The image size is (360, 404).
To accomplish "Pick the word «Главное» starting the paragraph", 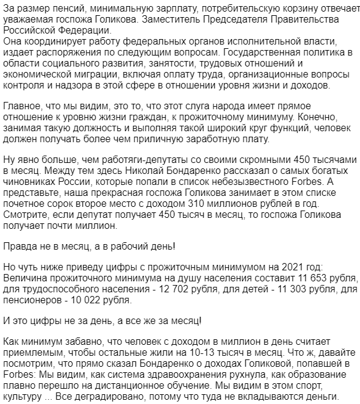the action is click(23, 109).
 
